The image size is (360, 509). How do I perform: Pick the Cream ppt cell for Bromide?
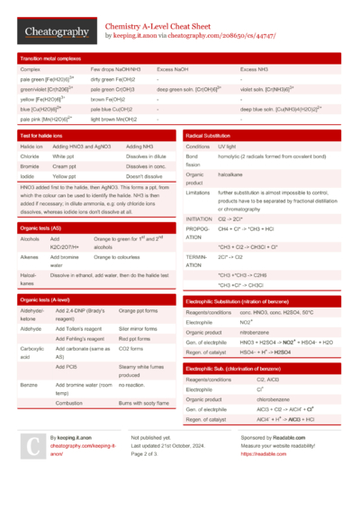[64, 166]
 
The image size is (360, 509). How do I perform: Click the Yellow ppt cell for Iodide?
[65, 176]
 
